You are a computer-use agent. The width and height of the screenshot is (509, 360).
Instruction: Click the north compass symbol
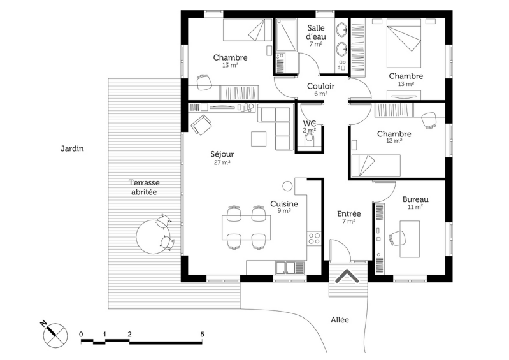pyautogui.click(x=55, y=333)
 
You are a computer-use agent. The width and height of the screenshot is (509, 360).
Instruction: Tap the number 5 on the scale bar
pyautogui.click(x=202, y=333)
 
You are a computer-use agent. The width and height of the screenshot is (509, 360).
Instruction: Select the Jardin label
pyautogui.click(x=72, y=149)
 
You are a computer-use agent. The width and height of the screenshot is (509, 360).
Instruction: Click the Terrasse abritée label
pyautogui.click(x=144, y=187)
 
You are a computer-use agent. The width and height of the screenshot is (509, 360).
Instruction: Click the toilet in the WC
pyautogui.click(x=310, y=138)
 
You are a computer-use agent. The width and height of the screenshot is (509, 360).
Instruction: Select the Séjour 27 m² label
pyautogui.click(x=222, y=158)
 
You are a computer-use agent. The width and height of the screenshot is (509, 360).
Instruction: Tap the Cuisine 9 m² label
pyautogui.click(x=283, y=208)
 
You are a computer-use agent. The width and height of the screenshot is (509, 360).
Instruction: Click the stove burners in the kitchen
pyautogui.click(x=314, y=239)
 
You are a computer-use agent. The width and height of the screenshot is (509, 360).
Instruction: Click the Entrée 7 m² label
pyautogui.click(x=349, y=217)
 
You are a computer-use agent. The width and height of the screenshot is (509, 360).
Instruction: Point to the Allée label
pyautogui.click(x=340, y=320)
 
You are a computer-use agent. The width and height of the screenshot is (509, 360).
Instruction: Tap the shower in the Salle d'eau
pyautogui.click(x=283, y=36)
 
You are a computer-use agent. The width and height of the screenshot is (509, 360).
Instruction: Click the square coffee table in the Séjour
pyautogui.click(x=259, y=138)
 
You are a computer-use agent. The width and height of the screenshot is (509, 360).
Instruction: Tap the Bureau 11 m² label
pyautogui.click(x=415, y=203)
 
